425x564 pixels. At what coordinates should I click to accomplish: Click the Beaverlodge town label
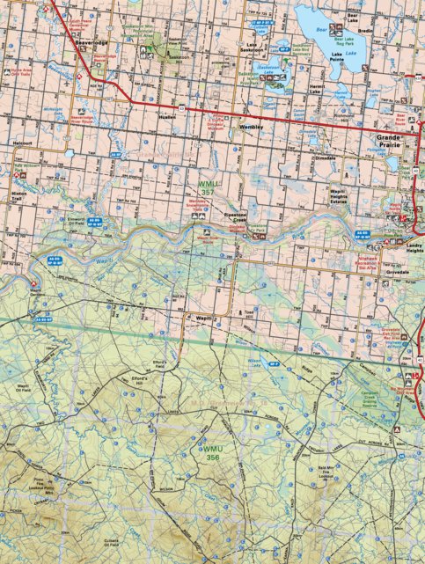[91, 40]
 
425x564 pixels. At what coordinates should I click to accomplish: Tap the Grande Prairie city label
[388, 142]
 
